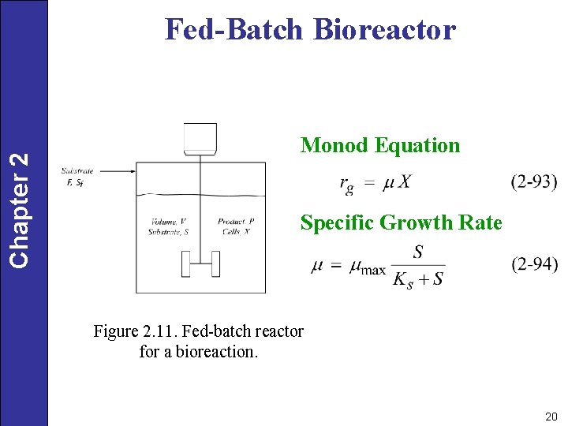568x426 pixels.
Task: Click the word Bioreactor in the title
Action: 384,30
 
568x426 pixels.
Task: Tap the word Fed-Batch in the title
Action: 234,30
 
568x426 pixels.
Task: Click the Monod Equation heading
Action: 380,145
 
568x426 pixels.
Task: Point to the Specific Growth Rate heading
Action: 401,223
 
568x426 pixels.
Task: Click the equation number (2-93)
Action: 534,182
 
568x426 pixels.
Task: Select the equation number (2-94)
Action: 534,264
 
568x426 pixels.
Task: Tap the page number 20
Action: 551,415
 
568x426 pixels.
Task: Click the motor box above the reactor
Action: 200,138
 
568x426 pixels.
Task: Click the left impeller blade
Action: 186,264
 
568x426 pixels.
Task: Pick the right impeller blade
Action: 216,264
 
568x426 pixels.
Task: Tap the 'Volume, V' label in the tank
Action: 167,222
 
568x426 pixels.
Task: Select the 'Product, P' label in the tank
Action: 236,222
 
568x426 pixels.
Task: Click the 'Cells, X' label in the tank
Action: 236,232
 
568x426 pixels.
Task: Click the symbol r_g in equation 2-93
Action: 346,184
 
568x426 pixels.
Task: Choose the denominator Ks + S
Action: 418,279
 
